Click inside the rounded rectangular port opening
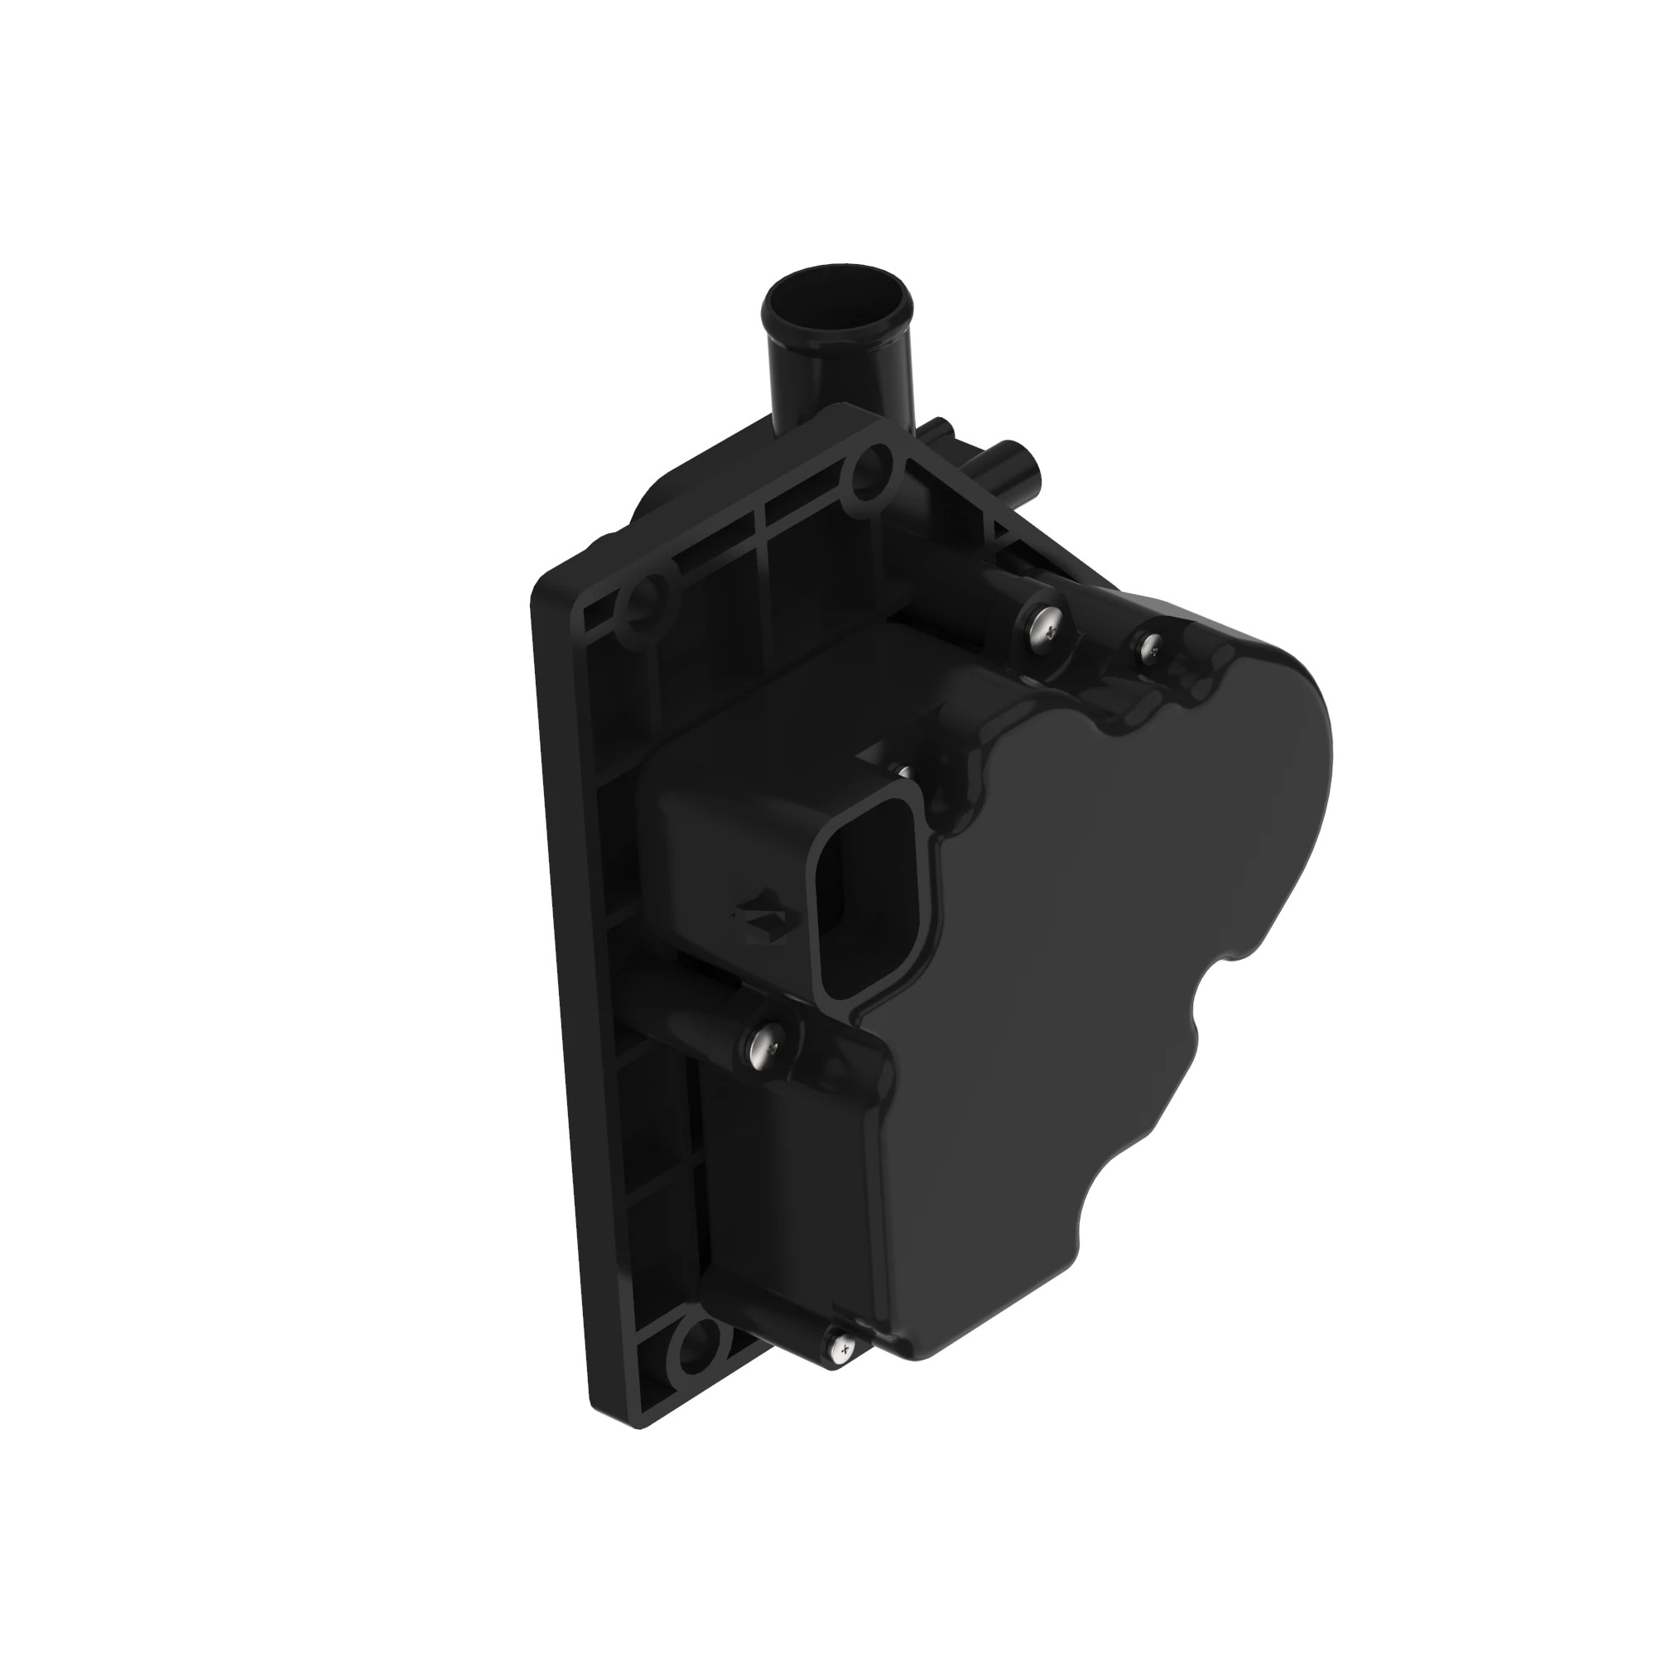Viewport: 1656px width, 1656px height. click(845, 900)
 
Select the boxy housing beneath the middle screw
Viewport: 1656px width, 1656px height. click(788, 1200)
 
